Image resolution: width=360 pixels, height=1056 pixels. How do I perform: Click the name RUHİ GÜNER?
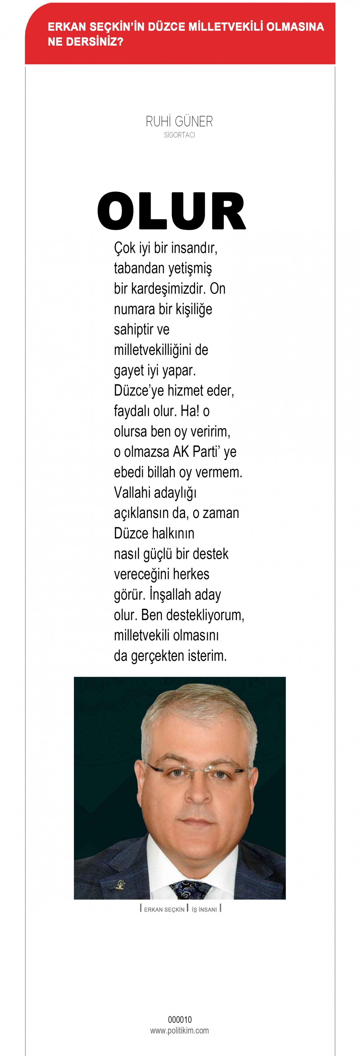(179, 122)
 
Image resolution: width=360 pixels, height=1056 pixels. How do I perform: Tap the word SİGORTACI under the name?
(179, 135)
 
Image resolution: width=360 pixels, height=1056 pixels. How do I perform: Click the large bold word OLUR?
(171, 211)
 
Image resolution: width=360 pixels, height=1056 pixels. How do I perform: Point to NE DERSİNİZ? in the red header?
(85, 42)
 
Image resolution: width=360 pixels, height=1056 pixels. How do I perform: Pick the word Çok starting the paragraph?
(125, 248)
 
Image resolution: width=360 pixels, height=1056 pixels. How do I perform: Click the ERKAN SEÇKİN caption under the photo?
(164, 909)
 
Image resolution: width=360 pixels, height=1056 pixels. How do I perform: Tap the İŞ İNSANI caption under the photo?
(204, 909)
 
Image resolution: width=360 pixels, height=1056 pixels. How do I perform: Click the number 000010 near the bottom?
(180, 1019)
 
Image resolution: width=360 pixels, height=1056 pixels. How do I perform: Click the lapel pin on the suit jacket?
(120, 885)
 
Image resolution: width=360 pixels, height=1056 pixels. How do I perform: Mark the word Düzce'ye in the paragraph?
(139, 391)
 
